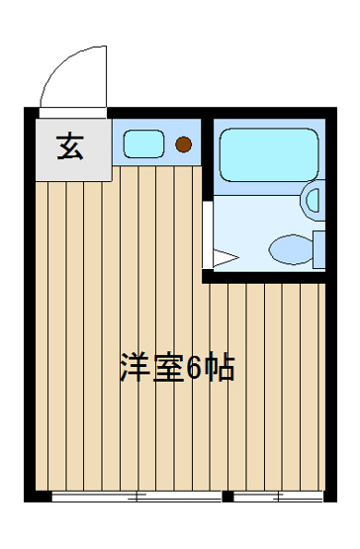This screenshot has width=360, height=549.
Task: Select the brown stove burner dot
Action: [182, 145]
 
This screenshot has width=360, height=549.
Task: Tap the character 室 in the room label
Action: [168, 368]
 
